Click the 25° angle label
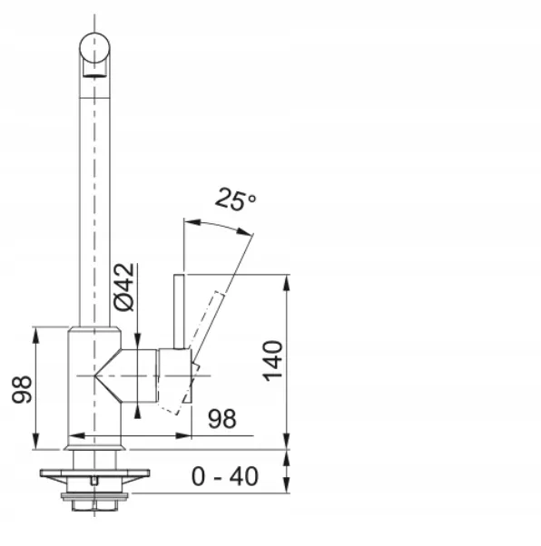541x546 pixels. click(x=236, y=199)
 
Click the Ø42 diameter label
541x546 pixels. click(x=123, y=288)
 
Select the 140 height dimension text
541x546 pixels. click(x=272, y=361)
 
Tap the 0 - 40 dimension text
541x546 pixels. click(x=225, y=476)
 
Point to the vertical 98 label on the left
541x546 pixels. click(x=22, y=389)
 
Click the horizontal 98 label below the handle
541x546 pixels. click(x=222, y=418)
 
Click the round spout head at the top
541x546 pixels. click(x=94, y=48)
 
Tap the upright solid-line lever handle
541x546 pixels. click(x=179, y=311)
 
